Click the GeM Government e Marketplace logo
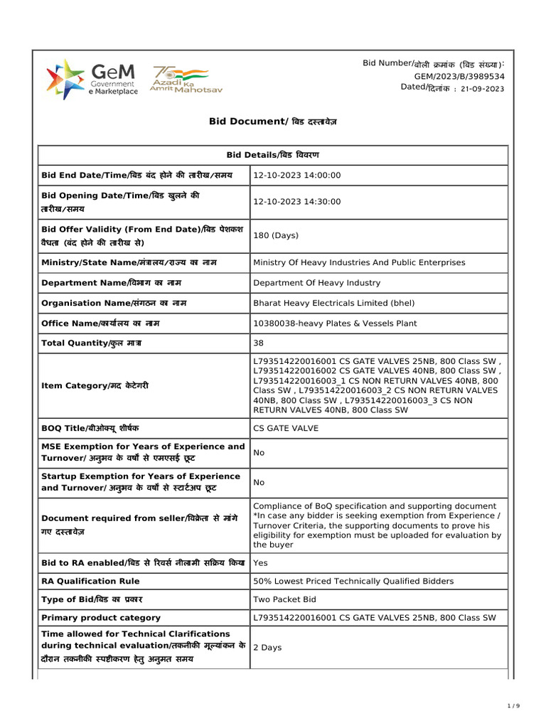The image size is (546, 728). click(92, 79)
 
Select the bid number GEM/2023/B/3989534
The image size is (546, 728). click(459, 76)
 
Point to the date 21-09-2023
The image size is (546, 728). click(483, 89)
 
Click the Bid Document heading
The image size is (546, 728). click(272, 122)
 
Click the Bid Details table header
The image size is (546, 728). click(272, 155)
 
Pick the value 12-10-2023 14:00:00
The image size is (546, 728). click(297, 176)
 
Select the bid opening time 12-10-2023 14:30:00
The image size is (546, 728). click(297, 202)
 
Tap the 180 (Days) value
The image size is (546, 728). click(276, 235)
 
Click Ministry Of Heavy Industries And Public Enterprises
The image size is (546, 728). click(359, 262)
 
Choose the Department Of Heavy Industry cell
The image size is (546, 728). click(317, 283)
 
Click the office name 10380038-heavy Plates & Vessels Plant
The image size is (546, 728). click(335, 323)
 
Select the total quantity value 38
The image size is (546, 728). click(259, 343)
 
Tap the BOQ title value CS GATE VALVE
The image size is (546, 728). click(286, 429)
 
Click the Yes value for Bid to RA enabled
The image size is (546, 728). click(259, 563)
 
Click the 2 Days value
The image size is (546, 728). click(267, 648)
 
